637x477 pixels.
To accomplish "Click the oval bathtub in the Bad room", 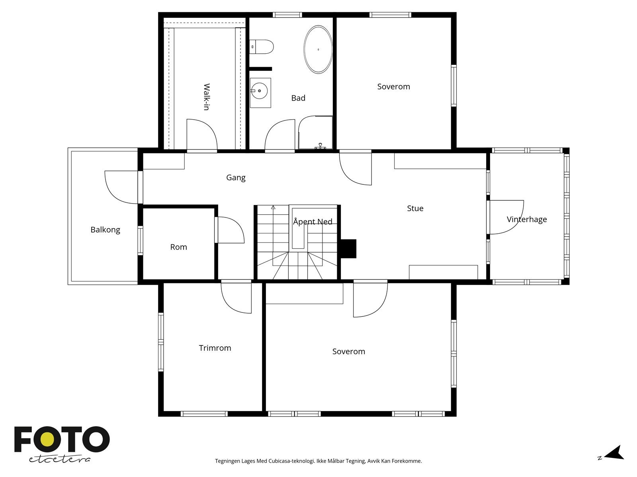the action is click(318, 50).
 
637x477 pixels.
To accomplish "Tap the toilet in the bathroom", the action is click(262, 47).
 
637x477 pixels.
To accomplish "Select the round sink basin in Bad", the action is click(259, 91).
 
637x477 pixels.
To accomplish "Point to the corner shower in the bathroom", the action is click(316, 133).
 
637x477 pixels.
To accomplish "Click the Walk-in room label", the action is click(207, 97).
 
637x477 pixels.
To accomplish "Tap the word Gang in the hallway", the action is click(236, 178).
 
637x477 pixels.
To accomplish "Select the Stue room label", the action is click(415, 208).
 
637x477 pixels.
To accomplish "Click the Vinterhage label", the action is click(527, 219).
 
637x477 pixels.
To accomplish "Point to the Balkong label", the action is click(106, 230).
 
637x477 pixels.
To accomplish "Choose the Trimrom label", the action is click(215, 348).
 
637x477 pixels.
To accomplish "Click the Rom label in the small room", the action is click(178, 247).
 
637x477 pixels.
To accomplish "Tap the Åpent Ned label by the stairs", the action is click(313, 221).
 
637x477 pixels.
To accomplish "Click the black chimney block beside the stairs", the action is click(348, 248).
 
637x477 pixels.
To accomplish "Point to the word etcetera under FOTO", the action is click(59, 460).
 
